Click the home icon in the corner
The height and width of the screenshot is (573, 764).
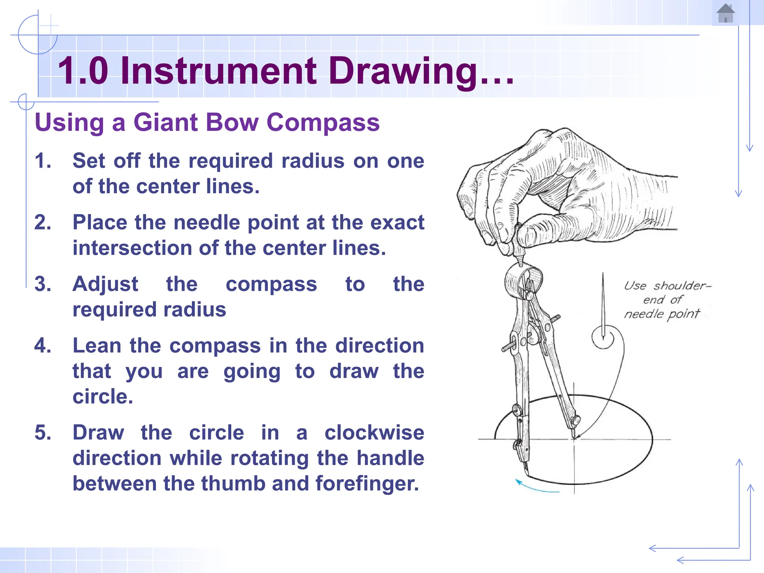tap(725, 13)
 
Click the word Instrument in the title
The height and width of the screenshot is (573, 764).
tap(219, 71)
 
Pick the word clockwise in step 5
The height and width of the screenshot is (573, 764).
tap(374, 433)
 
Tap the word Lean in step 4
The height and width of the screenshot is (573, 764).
tap(97, 345)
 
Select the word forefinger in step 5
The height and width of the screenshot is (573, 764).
tap(367, 483)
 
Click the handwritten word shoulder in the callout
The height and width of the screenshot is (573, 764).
tap(681, 286)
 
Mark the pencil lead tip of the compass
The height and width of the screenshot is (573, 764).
tap(526, 473)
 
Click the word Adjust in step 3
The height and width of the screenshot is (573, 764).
tap(105, 284)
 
